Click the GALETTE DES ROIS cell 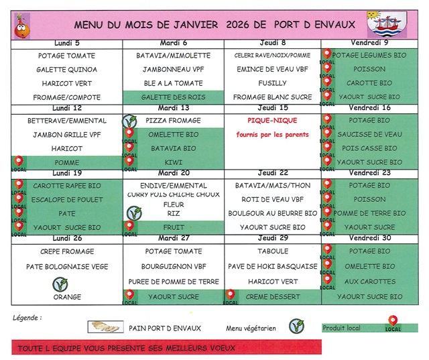[x=173, y=97]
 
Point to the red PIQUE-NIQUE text [x=272, y=121]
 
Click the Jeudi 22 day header [x=272, y=172]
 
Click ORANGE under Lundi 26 [x=67, y=297]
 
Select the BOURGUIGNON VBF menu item [x=173, y=266]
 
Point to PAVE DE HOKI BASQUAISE [x=272, y=266]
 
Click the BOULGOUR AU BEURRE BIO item [x=272, y=213]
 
